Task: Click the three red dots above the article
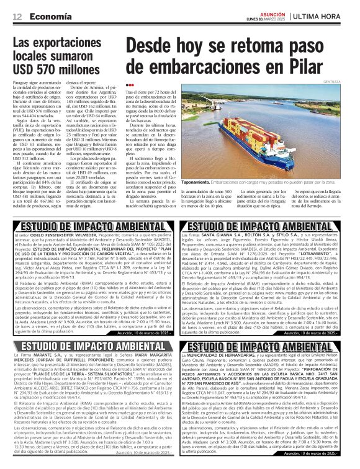click(129, 85)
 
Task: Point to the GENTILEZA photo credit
click(348, 81)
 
